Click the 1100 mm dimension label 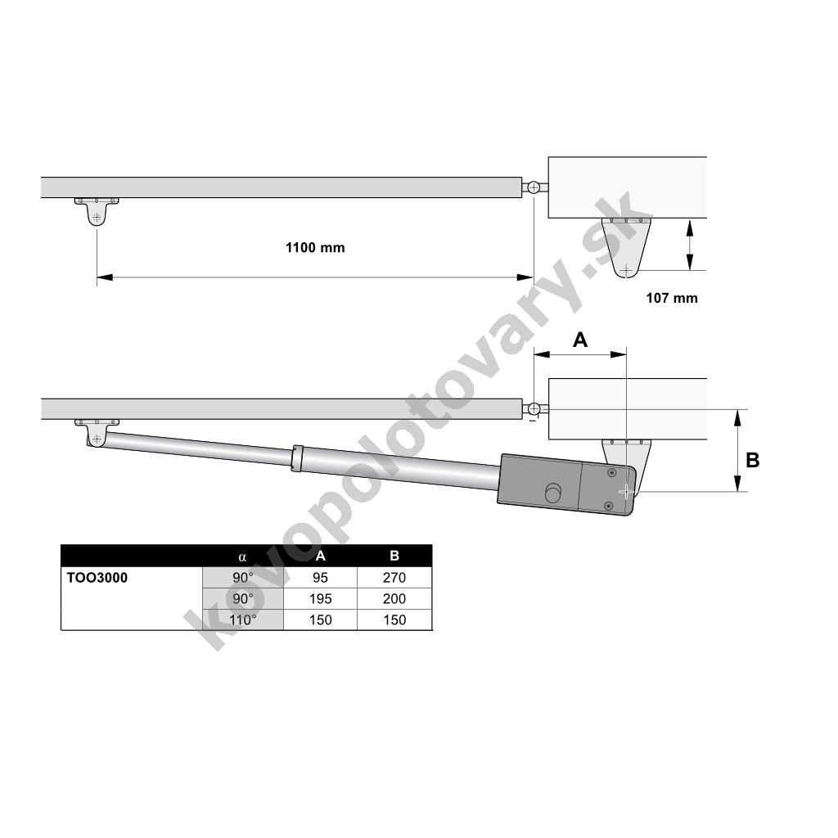tap(315, 247)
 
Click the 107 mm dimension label tap(672, 298)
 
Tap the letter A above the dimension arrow tap(580, 340)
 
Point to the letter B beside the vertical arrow tap(753, 460)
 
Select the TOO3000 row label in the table tap(97, 578)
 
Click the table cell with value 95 tap(320, 578)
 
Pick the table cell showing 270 tap(394, 578)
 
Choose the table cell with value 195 tap(320, 598)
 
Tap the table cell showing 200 tap(394, 598)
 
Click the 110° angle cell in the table tap(242, 620)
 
